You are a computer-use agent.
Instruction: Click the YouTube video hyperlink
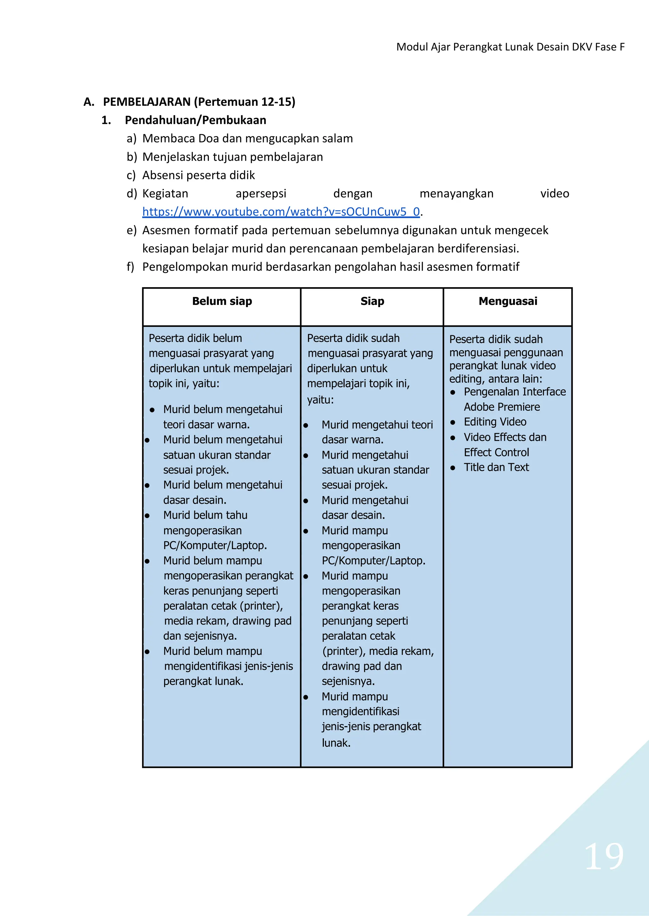click(x=281, y=212)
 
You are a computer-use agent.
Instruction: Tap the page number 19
click(x=603, y=857)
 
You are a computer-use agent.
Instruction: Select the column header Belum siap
click(x=222, y=301)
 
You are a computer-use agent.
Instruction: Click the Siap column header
click(x=372, y=301)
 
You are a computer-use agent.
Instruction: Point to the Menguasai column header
click(x=508, y=301)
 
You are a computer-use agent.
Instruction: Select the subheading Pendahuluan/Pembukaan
click(x=196, y=120)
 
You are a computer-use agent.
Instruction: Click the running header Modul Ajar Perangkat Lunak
click(x=510, y=47)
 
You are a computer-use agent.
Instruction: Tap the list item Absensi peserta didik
click(x=199, y=175)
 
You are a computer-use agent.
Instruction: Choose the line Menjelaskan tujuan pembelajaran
click(x=233, y=157)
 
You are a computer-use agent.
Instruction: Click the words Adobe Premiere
click(x=502, y=407)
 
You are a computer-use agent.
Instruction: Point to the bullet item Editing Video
click(x=495, y=422)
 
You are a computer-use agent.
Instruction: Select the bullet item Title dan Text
click(x=496, y=468)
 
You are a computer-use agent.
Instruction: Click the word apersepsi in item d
click(x=261, y=194)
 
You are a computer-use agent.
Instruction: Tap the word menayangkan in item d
click(x=456, y=194)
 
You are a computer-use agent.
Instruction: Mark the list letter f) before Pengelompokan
click(x=130, y=267)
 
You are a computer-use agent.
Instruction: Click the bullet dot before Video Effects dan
click(x=453, y=438)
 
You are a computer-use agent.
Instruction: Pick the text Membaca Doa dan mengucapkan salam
click(x=247, y=139)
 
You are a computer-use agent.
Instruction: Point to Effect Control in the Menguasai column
click(x=496, y=452)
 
